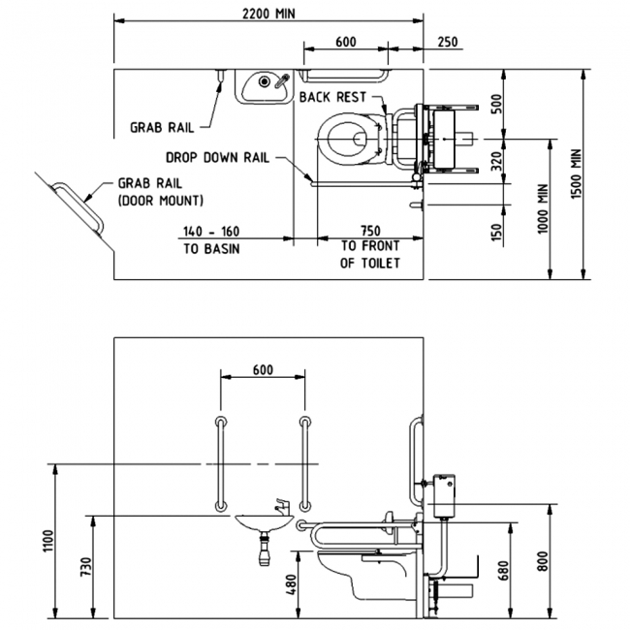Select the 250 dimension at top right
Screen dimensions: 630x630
448,42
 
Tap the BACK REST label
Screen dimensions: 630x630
332,97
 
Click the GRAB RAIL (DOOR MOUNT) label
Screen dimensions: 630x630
160,192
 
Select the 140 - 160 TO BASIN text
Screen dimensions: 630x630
209,239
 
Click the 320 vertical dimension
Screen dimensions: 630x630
495,161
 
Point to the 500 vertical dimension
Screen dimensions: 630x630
495,105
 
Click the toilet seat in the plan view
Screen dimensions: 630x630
346,139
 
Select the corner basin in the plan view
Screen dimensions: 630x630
262,85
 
